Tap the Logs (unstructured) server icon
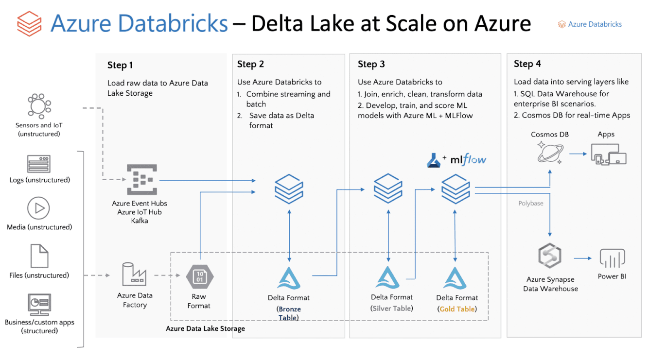(39, 164)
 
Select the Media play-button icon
(39, 209)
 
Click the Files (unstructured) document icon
(39, 256)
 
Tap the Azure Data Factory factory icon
(134, 274)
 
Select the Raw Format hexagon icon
(199, 276)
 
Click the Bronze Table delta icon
(289, 278)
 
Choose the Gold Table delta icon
(456, 278)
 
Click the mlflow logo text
(468, 159)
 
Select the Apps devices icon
(608, 154)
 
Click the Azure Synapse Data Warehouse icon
(550, 257)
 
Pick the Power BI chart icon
(612, 258)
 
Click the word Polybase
(530, 203)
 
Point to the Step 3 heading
(371, 64)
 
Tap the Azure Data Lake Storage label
(205, 329)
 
